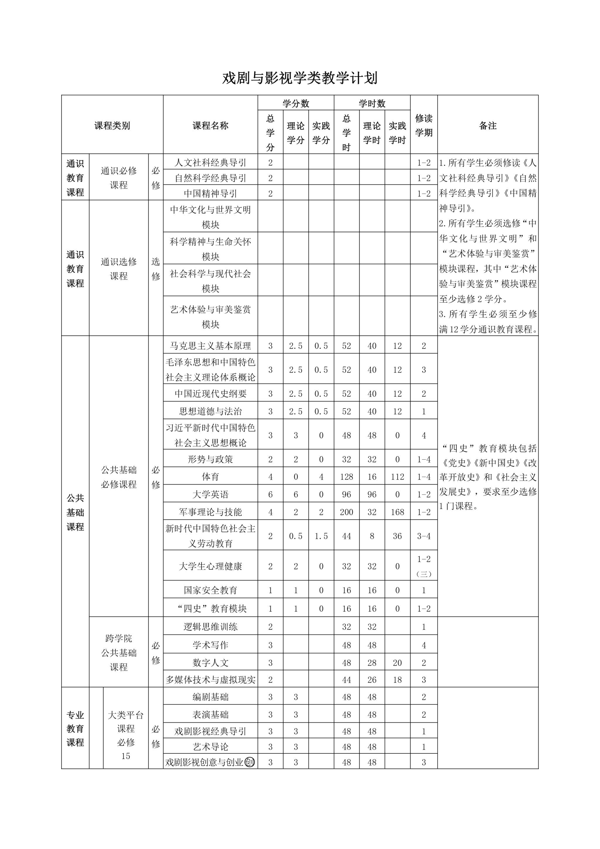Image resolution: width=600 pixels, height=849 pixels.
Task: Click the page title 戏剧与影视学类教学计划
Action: point(300,78)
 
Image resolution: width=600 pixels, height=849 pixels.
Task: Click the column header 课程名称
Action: point(210,126)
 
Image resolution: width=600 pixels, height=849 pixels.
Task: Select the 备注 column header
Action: point(488,126)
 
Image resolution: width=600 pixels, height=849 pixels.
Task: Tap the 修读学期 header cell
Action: point(423,125)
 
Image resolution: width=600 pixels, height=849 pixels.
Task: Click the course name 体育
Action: point(210,477)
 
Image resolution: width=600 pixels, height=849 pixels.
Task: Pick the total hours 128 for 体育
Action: point(346,477)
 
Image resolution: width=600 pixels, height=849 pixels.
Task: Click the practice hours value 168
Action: point(397,512)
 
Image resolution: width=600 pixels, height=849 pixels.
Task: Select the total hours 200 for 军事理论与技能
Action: point(346,512)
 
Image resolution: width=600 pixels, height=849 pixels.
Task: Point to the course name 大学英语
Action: point(210,494)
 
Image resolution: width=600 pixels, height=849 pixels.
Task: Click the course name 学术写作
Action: point(210,645)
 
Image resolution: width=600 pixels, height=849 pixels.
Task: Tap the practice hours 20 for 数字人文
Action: point(397,663)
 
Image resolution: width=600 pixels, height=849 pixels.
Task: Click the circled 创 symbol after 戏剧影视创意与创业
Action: point(250,762)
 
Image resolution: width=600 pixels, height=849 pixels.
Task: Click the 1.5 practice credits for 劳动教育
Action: point(321,536)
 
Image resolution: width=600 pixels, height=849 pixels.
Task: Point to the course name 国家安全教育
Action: point(210,590)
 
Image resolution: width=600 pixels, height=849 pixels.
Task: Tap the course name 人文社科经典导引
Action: point(210,162)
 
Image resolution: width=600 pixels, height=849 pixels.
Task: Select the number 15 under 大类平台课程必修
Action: point(126,756)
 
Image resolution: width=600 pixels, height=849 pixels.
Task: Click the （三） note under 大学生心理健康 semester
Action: point(423,574)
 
